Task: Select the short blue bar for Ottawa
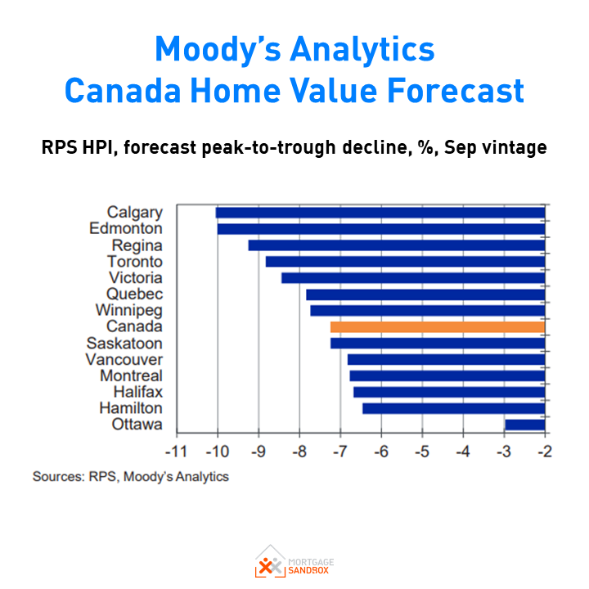[524, 425]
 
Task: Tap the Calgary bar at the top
[380, 213]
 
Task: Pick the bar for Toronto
[405, 262]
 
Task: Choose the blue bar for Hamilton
[453, 408]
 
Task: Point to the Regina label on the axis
[137, 245]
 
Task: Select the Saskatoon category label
[124, 344]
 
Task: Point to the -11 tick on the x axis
[176, 452]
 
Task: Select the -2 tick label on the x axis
[545, 452]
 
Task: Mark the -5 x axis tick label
[422, 452]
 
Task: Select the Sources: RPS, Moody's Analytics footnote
[131, 476]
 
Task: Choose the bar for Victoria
[413, 278]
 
